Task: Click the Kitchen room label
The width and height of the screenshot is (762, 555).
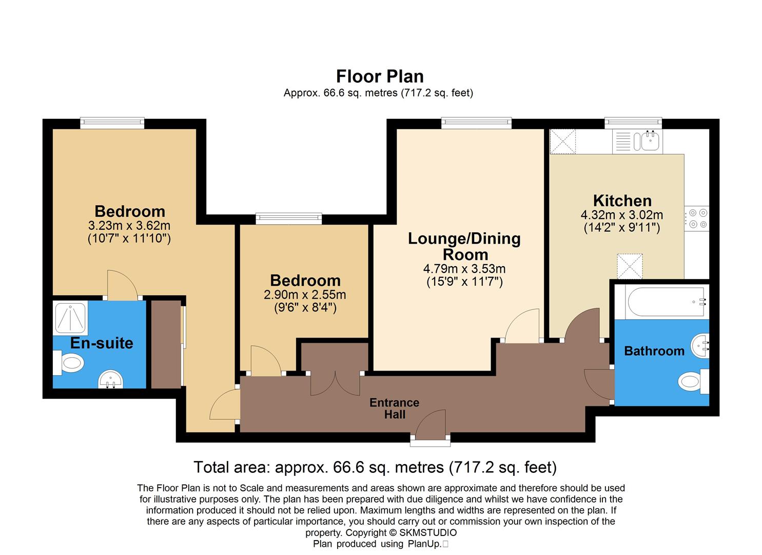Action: point(622,200)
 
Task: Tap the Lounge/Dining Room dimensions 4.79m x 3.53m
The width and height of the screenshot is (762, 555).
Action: point(464,269)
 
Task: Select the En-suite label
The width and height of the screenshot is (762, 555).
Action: point(102,343)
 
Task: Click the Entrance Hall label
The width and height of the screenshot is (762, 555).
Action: point(394,409)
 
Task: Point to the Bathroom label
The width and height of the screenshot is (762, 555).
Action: point(654,351)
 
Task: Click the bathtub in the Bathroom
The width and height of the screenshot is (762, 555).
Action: point(661,302)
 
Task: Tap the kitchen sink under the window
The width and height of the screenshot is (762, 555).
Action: point(648,140)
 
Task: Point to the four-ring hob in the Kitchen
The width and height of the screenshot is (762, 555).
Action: point(697,218)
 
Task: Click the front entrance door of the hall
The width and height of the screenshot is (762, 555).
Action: point(431,425)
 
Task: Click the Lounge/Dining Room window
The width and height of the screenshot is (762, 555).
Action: point(476,123)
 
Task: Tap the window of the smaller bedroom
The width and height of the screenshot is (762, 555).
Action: point(289,218)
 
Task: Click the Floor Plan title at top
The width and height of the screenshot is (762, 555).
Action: point(380,77)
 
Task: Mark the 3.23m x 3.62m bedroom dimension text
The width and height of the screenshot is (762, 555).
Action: point(129,226)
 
